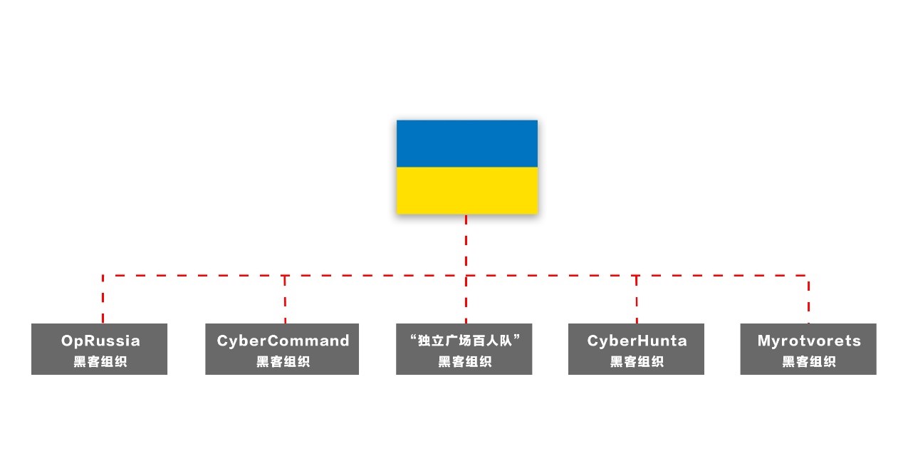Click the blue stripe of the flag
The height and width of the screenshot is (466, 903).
466,143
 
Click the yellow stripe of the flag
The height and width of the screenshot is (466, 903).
466,190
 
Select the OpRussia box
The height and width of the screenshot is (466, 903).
99,349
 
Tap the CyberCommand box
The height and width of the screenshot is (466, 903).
282,349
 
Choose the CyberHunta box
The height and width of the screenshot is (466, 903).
636,349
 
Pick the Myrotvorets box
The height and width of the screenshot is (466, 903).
808,349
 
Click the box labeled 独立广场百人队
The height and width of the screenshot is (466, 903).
464,349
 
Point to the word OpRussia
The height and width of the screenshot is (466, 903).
100,341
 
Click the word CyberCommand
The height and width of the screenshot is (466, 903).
283,341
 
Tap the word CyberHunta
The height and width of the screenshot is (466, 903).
637,341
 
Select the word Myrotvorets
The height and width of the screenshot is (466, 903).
809,341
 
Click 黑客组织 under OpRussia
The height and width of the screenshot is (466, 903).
100,362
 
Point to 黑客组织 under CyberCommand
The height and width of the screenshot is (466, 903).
283,362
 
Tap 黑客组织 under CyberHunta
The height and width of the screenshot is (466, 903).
637,362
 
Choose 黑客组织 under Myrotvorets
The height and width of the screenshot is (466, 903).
809,362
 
